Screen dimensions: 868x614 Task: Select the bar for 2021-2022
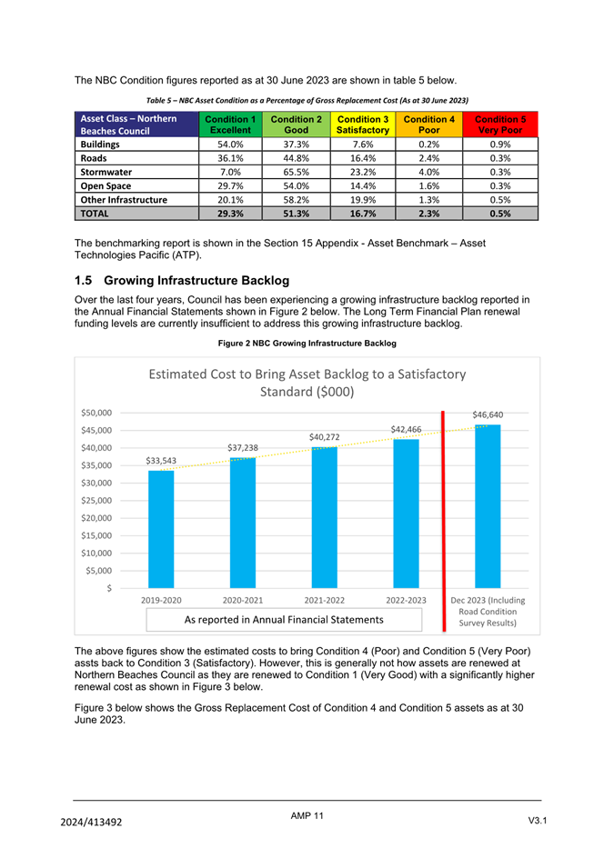click(324, 517)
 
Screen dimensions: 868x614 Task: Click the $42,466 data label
click(406, 429)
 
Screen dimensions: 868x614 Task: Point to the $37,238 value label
click(243, 447)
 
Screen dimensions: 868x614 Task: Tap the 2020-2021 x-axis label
click(243, 600)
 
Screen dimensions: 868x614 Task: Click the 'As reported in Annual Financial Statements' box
click(284, 620)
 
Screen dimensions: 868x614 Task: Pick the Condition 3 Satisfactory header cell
click(362, 125)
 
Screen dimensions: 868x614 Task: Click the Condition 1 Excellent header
click(230, 125)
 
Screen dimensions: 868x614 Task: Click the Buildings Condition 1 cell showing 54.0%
click(230, 144)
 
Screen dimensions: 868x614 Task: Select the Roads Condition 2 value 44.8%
click(296, 156)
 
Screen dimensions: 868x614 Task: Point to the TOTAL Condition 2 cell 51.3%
click(296, 214)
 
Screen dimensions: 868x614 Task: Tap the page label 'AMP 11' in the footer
click(307, 816)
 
